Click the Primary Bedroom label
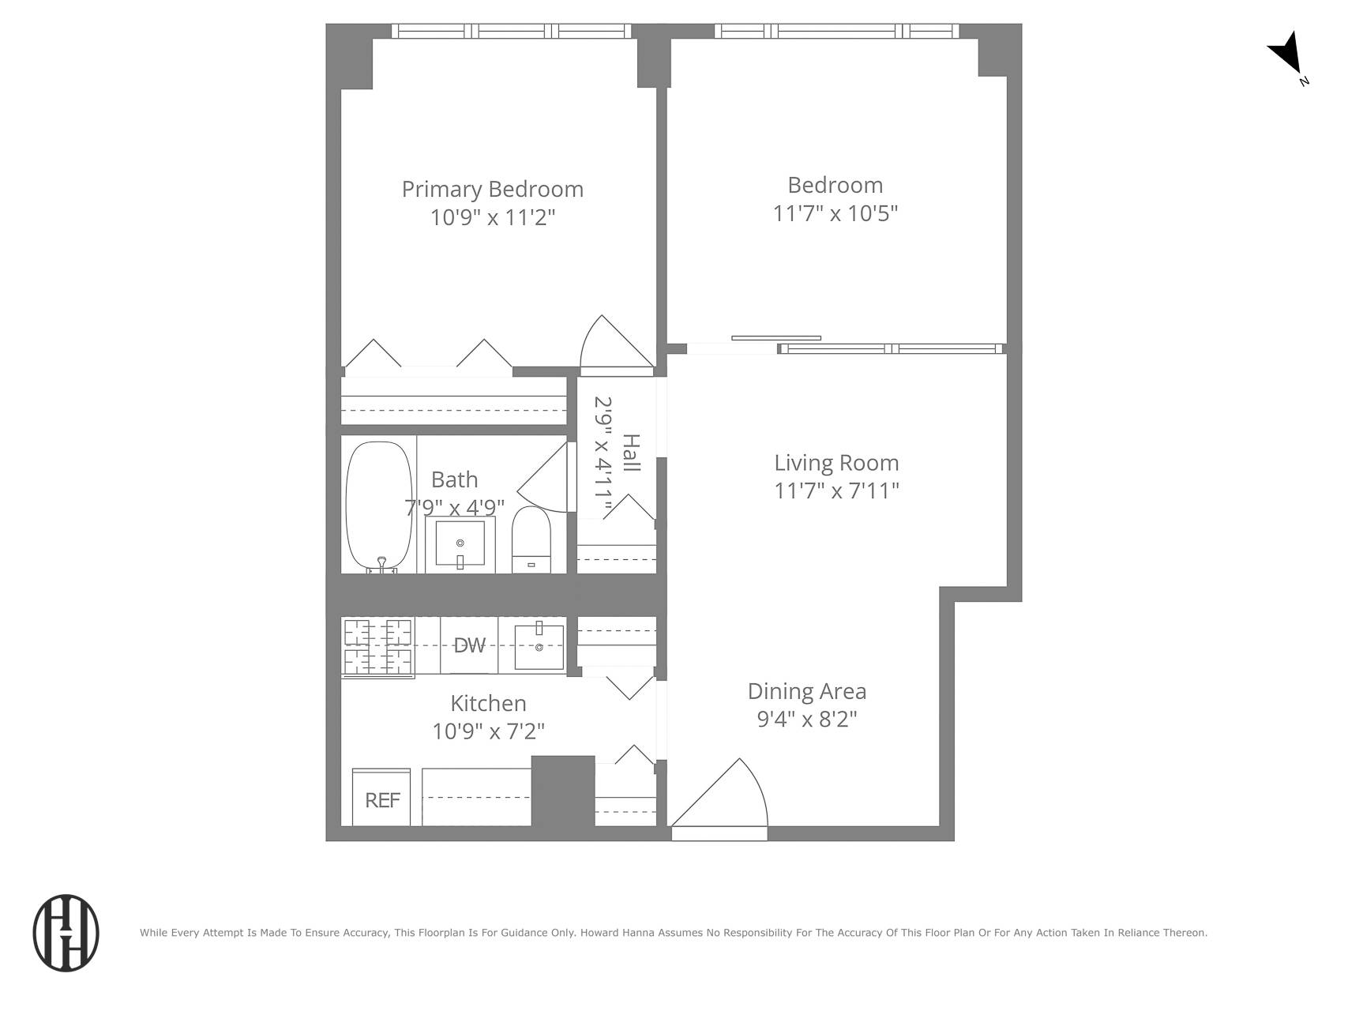coord(492,190)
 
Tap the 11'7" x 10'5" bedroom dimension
coord(835,213)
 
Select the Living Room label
coord(835,463)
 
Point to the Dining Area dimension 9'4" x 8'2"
coord(806,720)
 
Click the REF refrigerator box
coord(381,799)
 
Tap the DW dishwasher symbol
coord(469,646)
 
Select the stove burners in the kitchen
coord(378,646)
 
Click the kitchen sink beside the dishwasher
coord(539,646)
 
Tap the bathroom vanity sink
coord(460,544)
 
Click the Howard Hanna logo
coord(66,933)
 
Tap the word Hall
coord(631,453)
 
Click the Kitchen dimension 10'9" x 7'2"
coord(488,731)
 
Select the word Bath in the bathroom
coord(454,479)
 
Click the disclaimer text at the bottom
coord(673,933)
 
